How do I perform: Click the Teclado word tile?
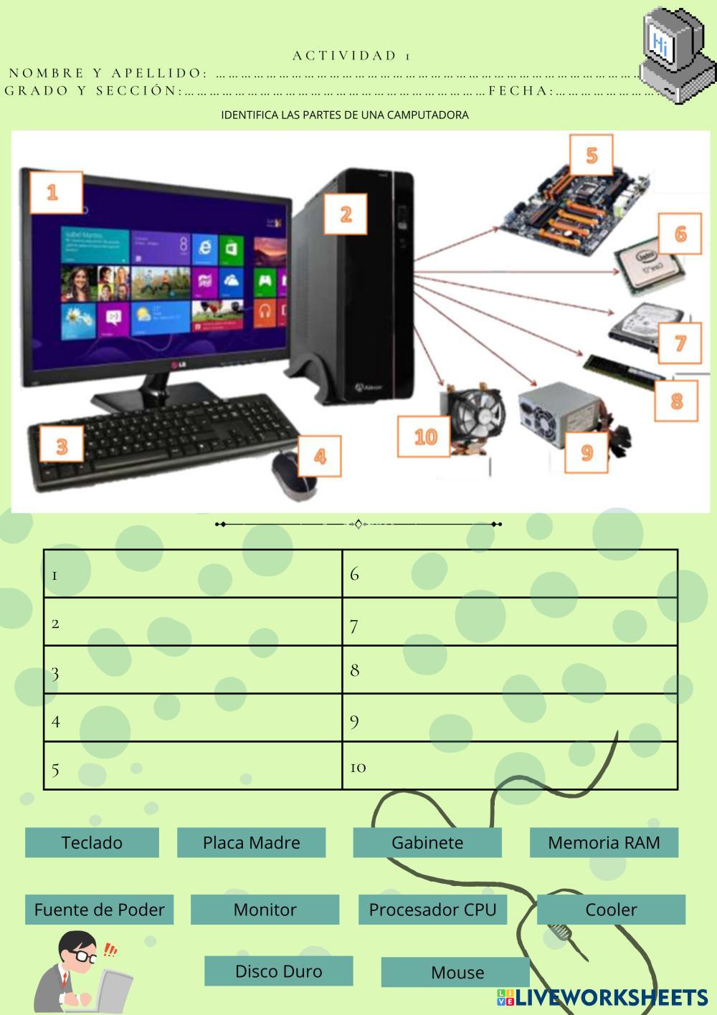[92, 842]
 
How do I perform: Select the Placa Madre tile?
[251, 842]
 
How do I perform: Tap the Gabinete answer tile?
[427, 842]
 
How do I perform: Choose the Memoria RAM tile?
[604, 842]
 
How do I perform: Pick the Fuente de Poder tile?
[99, 910]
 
